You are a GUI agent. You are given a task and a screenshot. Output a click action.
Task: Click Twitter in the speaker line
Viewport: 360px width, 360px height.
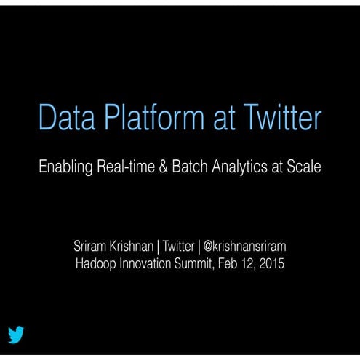click(178, 247)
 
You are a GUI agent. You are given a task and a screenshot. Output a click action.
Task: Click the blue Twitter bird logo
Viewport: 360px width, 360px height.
click(16, 335)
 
